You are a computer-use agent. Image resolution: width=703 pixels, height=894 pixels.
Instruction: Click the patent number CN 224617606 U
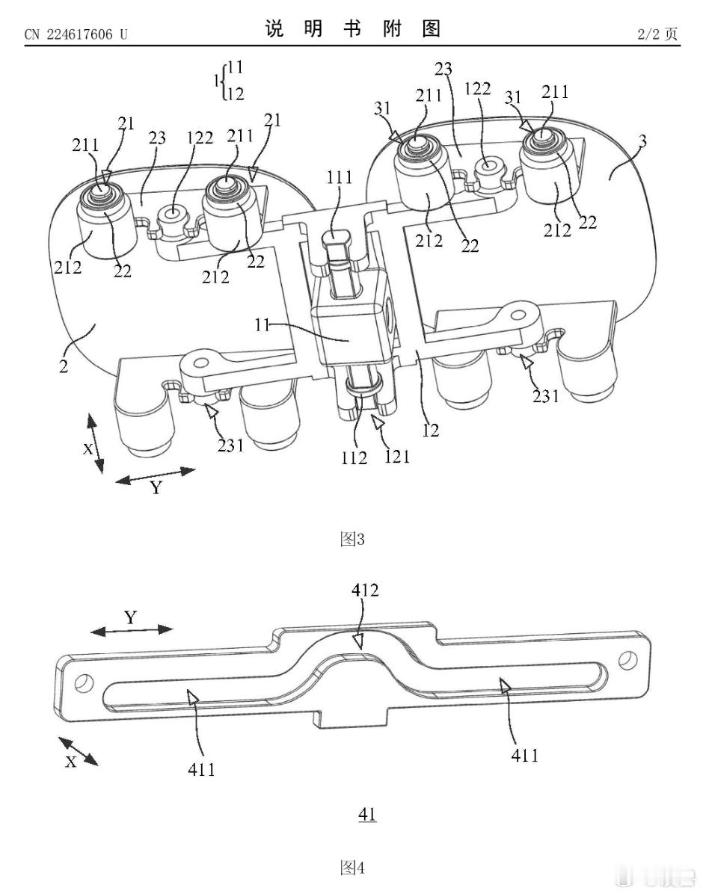[x=76, y=35]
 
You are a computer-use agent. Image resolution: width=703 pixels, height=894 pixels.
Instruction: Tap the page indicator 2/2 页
[x=657, y=34]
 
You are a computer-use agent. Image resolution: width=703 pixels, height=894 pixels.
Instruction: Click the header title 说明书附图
[x=352, y=28]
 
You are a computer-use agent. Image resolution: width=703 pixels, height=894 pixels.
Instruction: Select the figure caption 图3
[x=352, y=539]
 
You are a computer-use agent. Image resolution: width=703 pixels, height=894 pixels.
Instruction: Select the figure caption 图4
[x=352, y=869]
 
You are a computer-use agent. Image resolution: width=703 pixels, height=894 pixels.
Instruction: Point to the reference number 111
[x=339, y=178]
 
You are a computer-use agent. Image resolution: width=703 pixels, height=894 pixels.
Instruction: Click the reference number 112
[x=354, y=457]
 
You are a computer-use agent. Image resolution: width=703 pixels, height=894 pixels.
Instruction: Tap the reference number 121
[x=396, y=456]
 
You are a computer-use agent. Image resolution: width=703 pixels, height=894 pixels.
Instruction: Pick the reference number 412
[x=365, y=590]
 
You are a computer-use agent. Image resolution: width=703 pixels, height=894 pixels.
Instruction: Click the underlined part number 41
[x=367, y=814]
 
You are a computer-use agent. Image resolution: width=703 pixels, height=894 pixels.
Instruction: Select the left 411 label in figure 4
[x=201, y=770]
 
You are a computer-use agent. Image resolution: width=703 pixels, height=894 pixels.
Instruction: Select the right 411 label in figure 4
[x=524, y=756]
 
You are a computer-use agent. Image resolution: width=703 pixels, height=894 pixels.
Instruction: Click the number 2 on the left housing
[x=64, y=366]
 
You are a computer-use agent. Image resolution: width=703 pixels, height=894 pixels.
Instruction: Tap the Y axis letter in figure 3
[x=156, y=488]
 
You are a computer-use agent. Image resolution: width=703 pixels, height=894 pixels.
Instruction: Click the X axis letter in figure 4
[x=71, y=762]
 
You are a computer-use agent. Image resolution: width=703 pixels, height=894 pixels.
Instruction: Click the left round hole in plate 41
[x=84, y=683]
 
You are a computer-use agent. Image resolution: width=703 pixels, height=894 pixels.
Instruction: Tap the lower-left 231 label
[x=230, y=445]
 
